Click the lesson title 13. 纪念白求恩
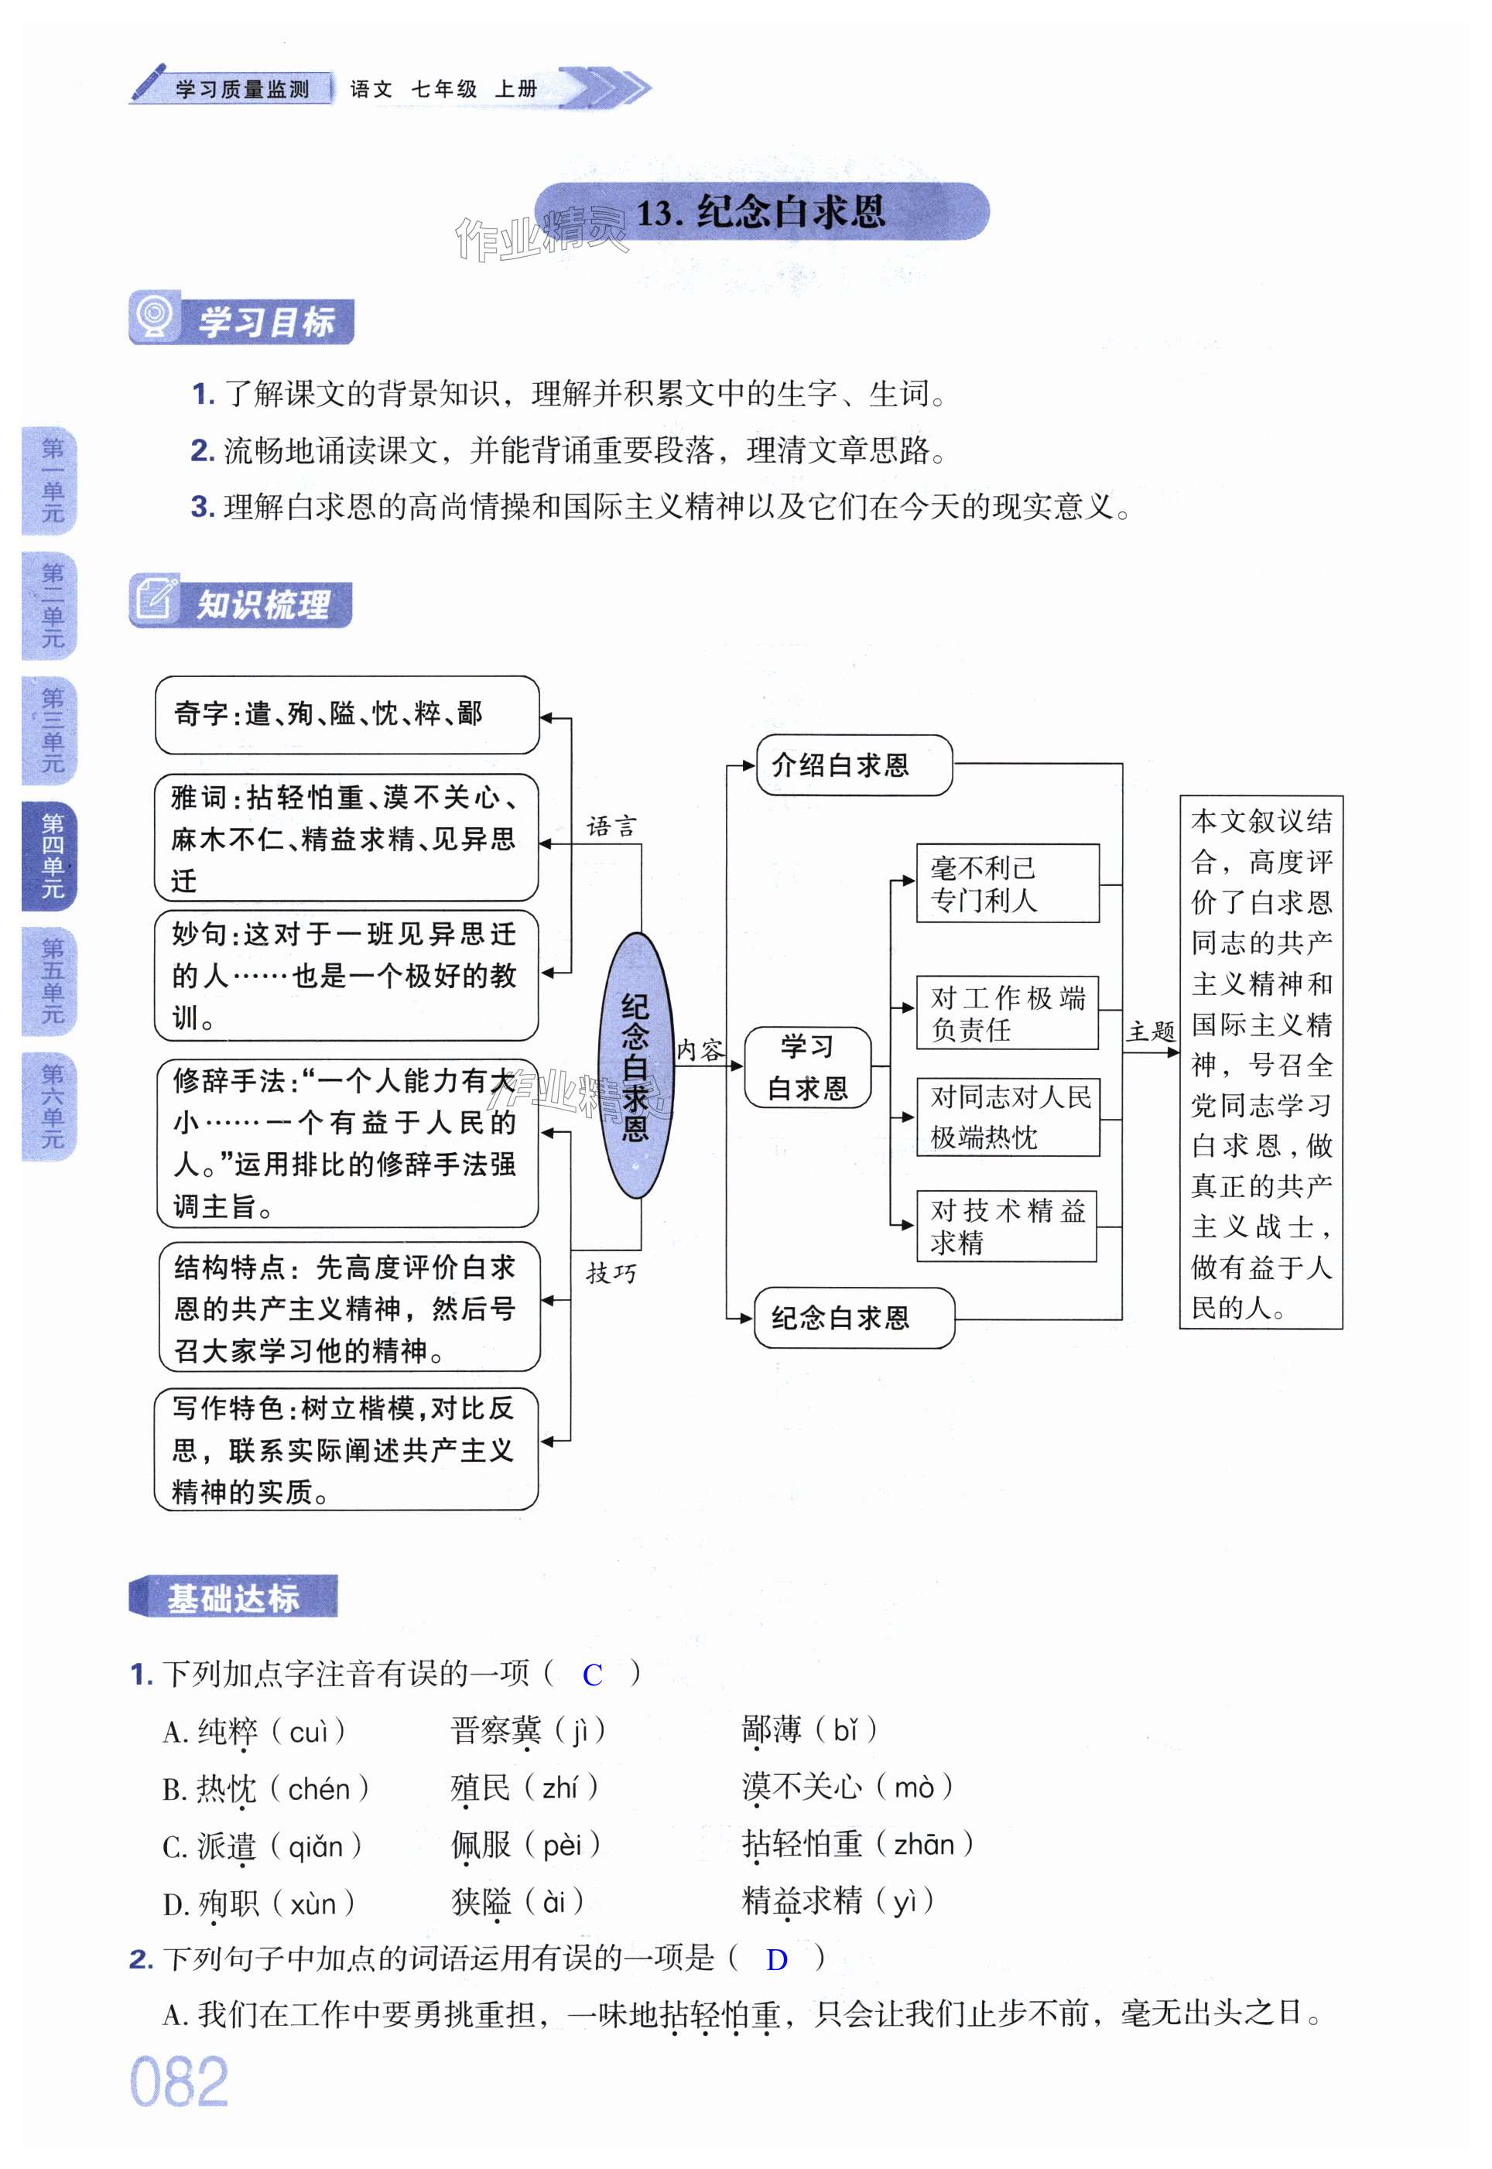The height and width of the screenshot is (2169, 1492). (760, 212)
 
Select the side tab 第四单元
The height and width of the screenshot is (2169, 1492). (51, 855)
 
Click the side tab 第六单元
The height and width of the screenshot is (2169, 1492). (51, 1107)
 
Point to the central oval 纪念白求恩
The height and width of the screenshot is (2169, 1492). (635, 1065)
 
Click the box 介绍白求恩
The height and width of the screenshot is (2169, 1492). (854, 765)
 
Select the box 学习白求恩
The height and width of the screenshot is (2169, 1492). (808, 1067)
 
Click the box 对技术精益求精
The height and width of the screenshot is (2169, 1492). (1006, 1225)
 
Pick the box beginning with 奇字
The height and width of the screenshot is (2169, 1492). (347, 715)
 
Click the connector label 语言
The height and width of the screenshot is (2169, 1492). (611, 826)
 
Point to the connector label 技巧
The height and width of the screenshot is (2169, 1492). (611, 1273)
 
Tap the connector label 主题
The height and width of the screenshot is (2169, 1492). (1150, 1031)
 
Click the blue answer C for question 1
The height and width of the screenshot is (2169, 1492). (592, 1675)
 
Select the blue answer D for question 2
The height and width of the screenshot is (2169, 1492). (776, 1959)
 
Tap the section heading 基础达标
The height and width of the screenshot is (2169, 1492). (233, 1597)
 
